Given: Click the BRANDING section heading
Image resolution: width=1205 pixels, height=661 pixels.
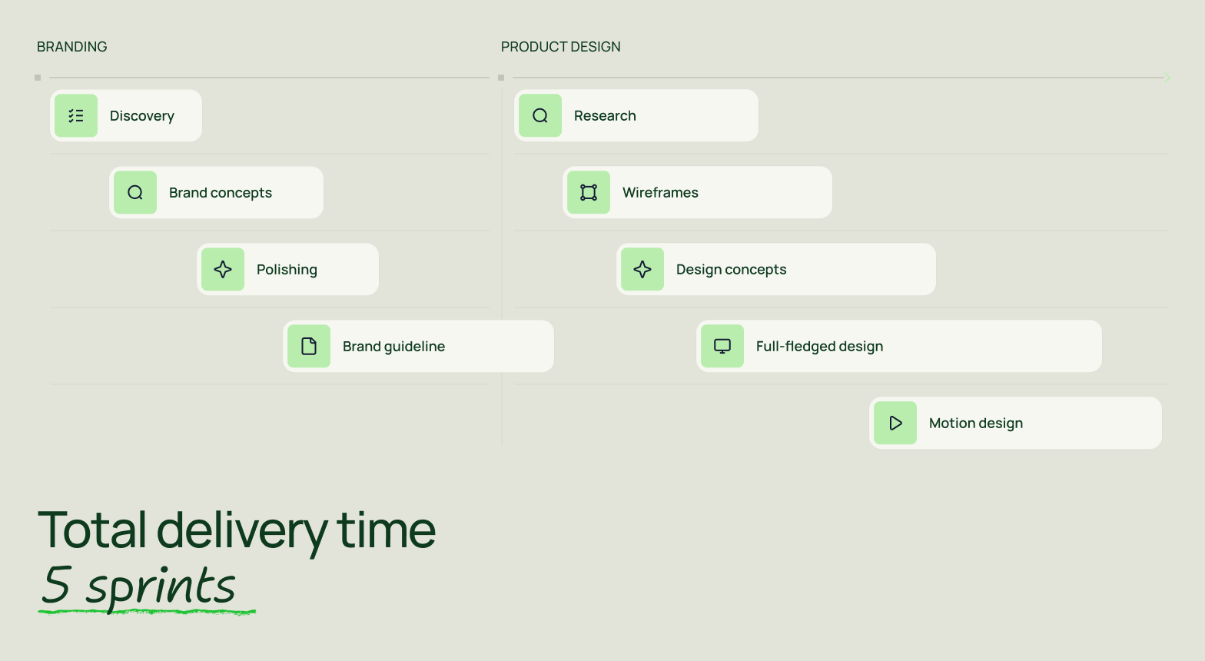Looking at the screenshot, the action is click(x=71, y=47).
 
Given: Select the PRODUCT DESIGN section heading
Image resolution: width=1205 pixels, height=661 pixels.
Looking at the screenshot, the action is click(x=560, y=47).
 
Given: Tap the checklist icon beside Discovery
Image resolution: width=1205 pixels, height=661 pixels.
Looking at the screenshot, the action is click(x=76, y=115).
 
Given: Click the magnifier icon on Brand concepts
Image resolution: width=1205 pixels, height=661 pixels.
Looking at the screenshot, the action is click(x=135, y=193).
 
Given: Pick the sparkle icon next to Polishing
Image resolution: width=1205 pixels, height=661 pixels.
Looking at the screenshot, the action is click(x=223, y=270).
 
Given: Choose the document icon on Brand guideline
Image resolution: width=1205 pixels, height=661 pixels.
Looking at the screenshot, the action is click(x=309, y=347).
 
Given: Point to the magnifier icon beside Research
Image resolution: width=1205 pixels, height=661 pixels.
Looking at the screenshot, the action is click(x=540, y=115).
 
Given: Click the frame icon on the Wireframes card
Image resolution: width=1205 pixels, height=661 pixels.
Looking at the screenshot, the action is click(x=589, y=193).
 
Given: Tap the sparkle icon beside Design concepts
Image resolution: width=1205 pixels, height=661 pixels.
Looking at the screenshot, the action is click(x=642, y=270).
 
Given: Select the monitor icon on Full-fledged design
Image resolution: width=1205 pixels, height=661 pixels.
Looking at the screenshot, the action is click(x=722, y=347).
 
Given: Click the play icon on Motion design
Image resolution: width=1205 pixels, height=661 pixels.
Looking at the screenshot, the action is click(x=896, y=424).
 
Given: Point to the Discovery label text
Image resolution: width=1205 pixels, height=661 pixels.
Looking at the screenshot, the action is click(x=142, y=115).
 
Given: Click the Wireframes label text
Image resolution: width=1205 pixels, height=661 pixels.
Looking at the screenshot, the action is click(x=660, y=193).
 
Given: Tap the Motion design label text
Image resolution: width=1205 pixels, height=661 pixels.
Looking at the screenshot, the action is click(x=976, y=424).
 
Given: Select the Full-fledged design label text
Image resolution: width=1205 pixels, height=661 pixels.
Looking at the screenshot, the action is click(x=819, y=347).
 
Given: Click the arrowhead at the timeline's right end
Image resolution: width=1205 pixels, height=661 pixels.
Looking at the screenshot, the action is click(x=1167, y=78).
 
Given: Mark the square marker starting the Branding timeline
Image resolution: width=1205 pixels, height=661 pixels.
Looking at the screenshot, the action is click(x=38, y=78).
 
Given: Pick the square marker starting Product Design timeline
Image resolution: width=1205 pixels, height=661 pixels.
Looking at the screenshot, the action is click(x=501, y=78).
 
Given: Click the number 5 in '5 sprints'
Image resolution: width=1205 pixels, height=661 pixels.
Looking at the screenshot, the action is click(x=56, y=585).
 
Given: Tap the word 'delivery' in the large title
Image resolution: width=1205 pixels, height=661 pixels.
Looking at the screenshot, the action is click(x=241, y=531).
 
